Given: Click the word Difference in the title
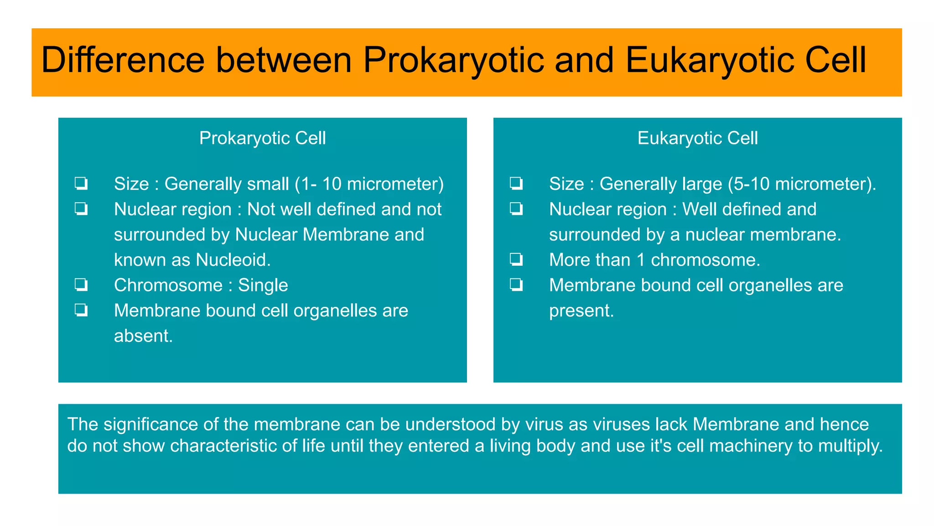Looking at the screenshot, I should (x=123, y=60).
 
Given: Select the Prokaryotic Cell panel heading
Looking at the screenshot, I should (x=262, y=138).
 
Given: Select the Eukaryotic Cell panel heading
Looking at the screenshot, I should (x=697, y=138).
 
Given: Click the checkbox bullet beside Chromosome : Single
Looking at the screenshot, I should (x=81, y=285).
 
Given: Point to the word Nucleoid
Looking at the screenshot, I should (x=233, y=260).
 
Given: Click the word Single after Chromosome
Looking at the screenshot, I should (x=263, y=285).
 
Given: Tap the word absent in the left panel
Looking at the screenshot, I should (x=143, y=336).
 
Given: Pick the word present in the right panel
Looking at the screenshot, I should (x=581, y=310).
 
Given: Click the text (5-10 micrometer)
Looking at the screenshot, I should (x=801, y=184).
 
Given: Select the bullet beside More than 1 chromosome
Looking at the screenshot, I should (x=516, y=260).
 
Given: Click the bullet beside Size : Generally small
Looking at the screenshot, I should (x=81, y=184).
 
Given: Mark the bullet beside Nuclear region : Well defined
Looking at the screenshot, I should (x=516, y=209).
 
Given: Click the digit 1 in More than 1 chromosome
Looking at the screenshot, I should (x=641, y=260).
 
